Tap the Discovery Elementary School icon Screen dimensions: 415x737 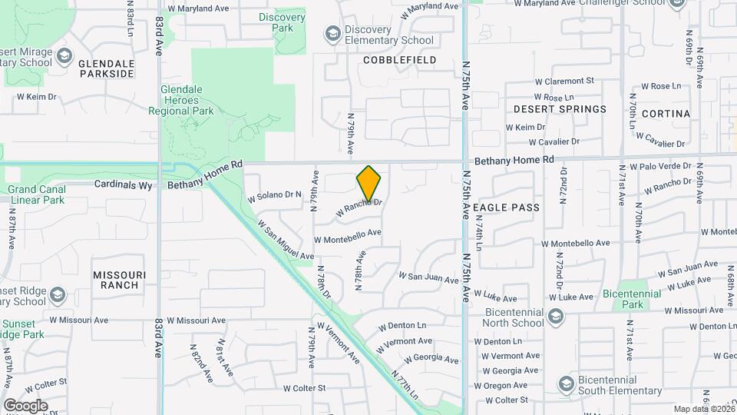point(332,34)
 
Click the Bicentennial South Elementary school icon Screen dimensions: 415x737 point(566,384)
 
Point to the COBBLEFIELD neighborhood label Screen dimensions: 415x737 point(399,60)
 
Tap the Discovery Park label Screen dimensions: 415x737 point(276,22)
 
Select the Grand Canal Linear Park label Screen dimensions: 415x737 point(36,194)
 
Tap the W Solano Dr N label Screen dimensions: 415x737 point(274,196)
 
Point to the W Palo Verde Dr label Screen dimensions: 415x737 point(660,166)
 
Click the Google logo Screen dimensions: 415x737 point(25,405)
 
